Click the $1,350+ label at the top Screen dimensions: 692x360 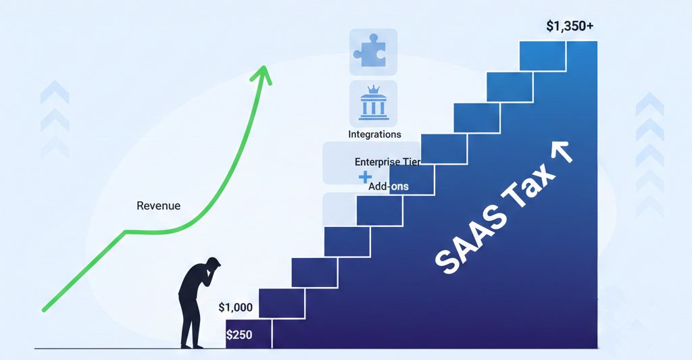(570, 26)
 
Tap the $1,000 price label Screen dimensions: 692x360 (236, 307)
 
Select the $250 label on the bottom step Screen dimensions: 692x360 (239, 335)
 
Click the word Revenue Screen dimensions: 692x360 (158, 205)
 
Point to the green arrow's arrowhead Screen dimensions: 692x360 (262, 74)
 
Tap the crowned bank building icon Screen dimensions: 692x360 (373, 103)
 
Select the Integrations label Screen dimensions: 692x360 (374, 134)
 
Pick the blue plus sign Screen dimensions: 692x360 (365, 178)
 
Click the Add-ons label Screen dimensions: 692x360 (389, 186)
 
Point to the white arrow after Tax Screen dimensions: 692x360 (562, 152)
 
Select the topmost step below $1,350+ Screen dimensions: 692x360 (543, 55)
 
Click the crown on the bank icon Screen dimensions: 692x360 (374, 89)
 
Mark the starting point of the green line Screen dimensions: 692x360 (43, 310)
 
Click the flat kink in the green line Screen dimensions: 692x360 (132, 231)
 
